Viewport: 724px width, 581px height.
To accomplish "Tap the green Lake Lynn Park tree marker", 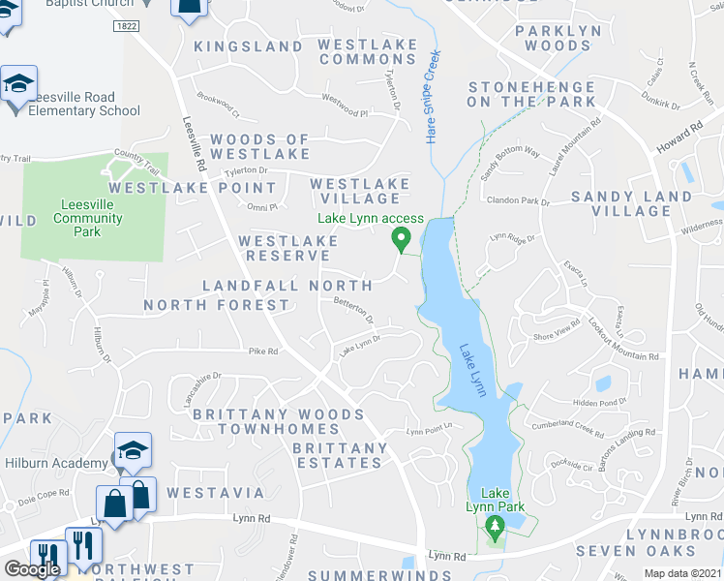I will click(x=495, y=528).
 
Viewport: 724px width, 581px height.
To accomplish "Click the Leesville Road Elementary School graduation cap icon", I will click(x=18, y=84).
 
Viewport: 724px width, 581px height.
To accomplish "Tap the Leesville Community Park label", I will click(x=88, y=218).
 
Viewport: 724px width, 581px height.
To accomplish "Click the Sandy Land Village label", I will click(x=632, y=203).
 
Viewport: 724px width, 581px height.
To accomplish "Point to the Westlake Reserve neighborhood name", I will click(x=287, y=248).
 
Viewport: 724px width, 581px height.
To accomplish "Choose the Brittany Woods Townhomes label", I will click(x=279, y=421).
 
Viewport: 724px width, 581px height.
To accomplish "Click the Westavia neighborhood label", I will click(x=215, y=493).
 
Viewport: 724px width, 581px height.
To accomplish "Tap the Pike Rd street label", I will click(x=263, y=351).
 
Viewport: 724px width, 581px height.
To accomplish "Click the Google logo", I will click(x=31, y=569).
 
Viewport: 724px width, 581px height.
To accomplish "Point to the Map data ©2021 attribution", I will click(x=684, y=573).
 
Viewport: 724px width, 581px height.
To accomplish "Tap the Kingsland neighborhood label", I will click(x=249, y=46).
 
